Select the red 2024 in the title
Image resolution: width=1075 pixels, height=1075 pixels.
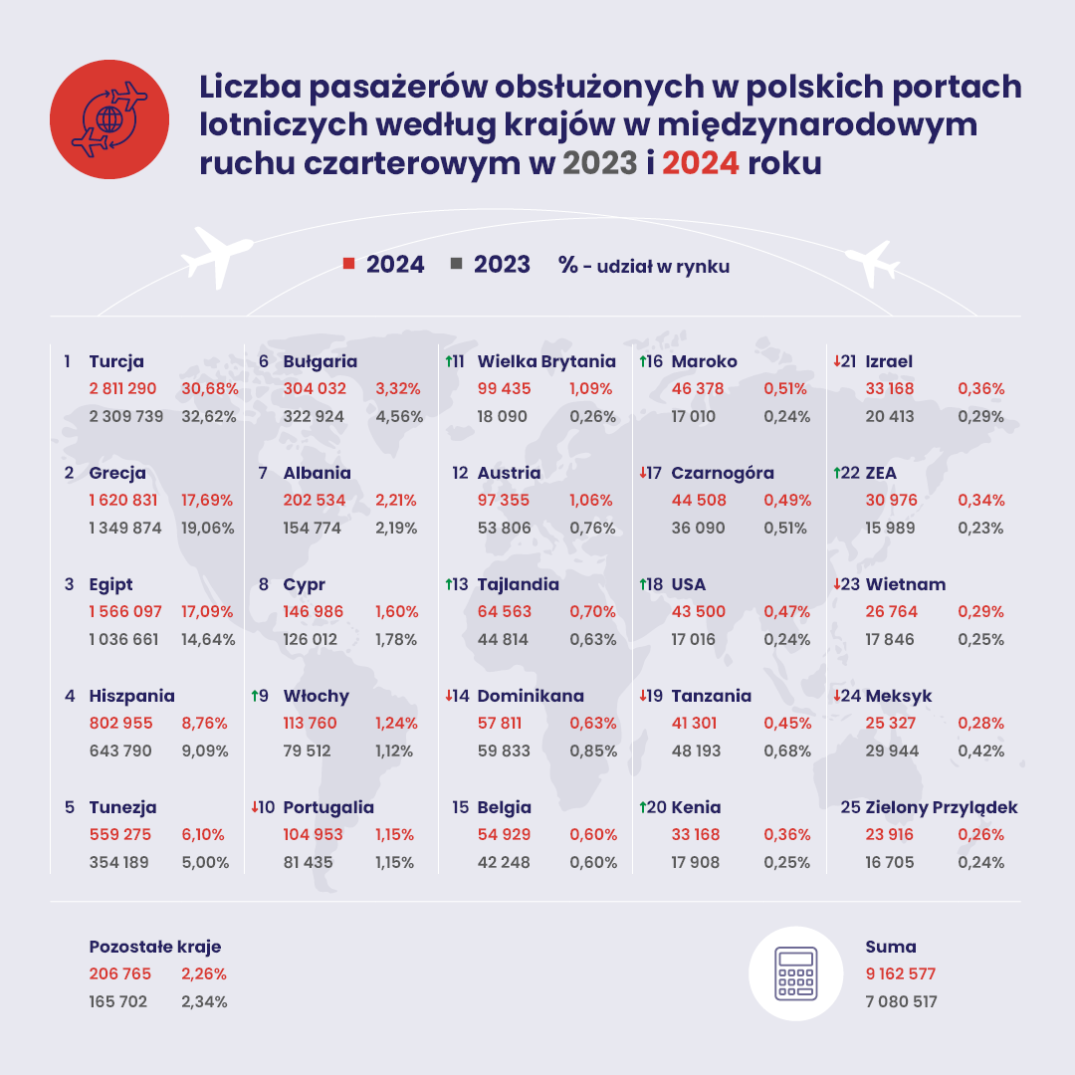(700, 162)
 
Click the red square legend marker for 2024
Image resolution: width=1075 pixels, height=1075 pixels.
(348, 264)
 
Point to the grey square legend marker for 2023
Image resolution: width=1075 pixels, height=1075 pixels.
(457, 264)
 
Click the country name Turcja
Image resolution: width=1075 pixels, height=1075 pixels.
(116, 361)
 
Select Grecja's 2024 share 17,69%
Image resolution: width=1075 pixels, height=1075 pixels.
(208, 500)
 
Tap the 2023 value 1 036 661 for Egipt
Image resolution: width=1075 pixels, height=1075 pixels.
(123, 639)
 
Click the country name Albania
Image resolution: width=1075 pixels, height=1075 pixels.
(317, 473)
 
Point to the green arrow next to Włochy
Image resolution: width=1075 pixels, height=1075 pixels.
(253, 696)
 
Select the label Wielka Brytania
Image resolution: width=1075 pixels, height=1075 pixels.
(546, 361)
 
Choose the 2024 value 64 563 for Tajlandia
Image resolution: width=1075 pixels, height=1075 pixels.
(505, 611)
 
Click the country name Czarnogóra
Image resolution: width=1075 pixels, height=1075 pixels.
(723, 473)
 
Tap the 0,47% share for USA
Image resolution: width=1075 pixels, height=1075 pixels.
(786, 611)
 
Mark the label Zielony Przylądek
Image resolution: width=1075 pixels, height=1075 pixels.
(942, 807)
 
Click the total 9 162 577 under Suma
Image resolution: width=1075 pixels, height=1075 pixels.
(901, 974)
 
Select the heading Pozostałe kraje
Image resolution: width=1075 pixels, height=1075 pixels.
(155, 947)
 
